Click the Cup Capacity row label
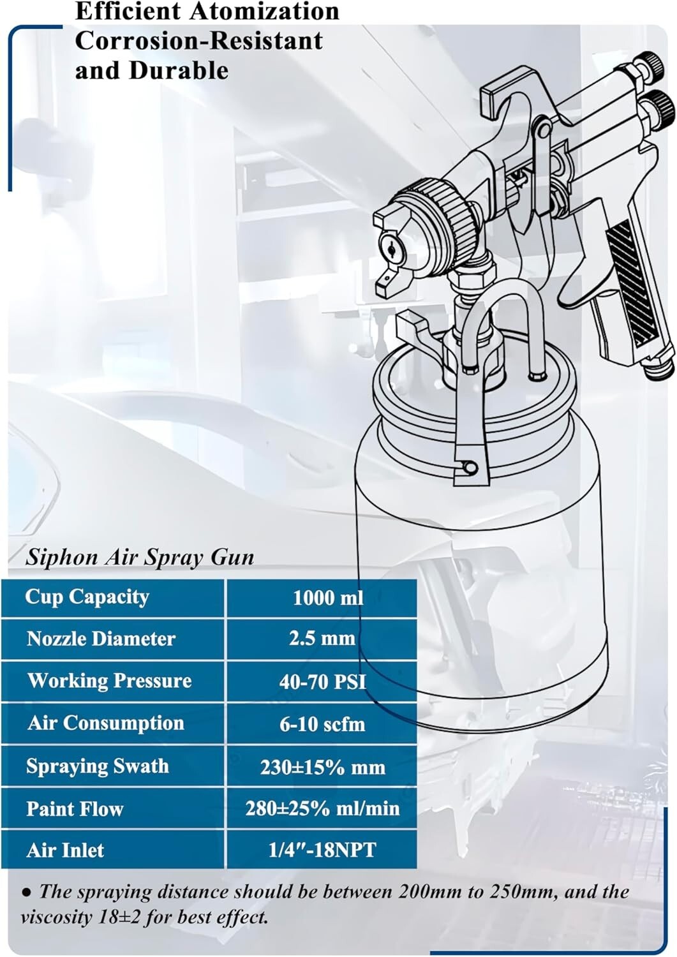(x=87, y=597)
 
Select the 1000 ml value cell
(x=328, y=598)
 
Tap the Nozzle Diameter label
(x=101, y=639)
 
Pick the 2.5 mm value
(x=322, y=638)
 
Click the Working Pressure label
(x=109, y=681)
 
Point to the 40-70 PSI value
(x=323, y=681)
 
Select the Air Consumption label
(x=106, y=723)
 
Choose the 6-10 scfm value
(x=322, y=724)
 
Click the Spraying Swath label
(x=98, y=766)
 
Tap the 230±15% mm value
(x=322, y=766)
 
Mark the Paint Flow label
(x=75, y=809)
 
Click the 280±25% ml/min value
(x=322, y=808)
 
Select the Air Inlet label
(x=65, y=850)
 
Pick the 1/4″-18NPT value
(x=322, y=850)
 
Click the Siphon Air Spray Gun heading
(x=140, y=558)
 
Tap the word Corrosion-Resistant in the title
(x=198, y=40)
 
